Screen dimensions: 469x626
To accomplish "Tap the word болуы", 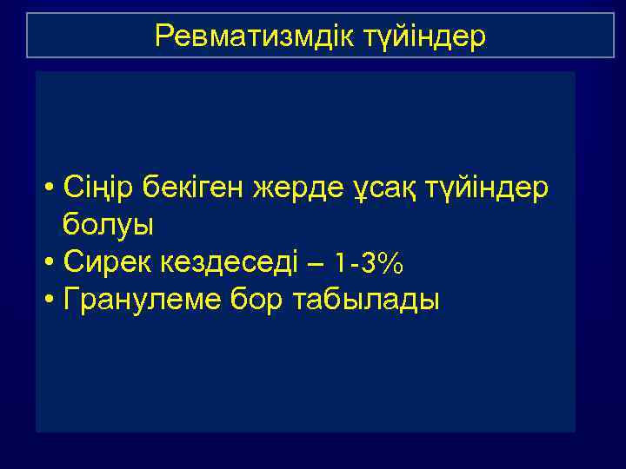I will (108, 225).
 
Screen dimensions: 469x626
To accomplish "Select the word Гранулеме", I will (137, 300).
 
